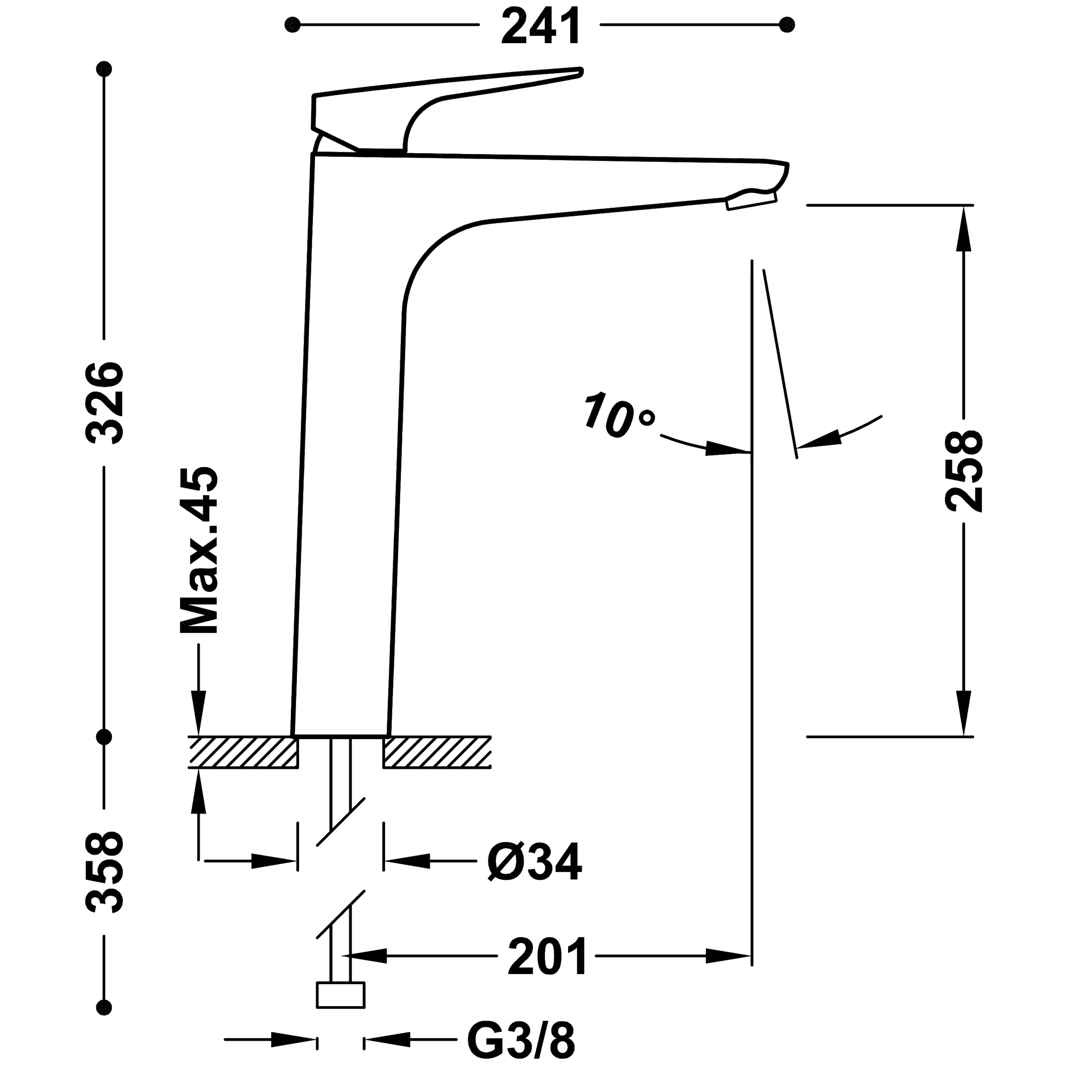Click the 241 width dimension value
(x=540, y=26)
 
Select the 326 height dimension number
(x=104, y=403)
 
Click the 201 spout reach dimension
(x=547, y=956)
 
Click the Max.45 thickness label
(x=199, y=550)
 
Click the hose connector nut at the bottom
(x=341, y=995)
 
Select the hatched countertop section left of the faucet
(x=243, y=752)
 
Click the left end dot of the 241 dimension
(x=292, y=25)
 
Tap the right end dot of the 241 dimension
(x=787, y=25)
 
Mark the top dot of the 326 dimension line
(x=104, y=69)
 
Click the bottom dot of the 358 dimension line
(x=104, y=1007)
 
